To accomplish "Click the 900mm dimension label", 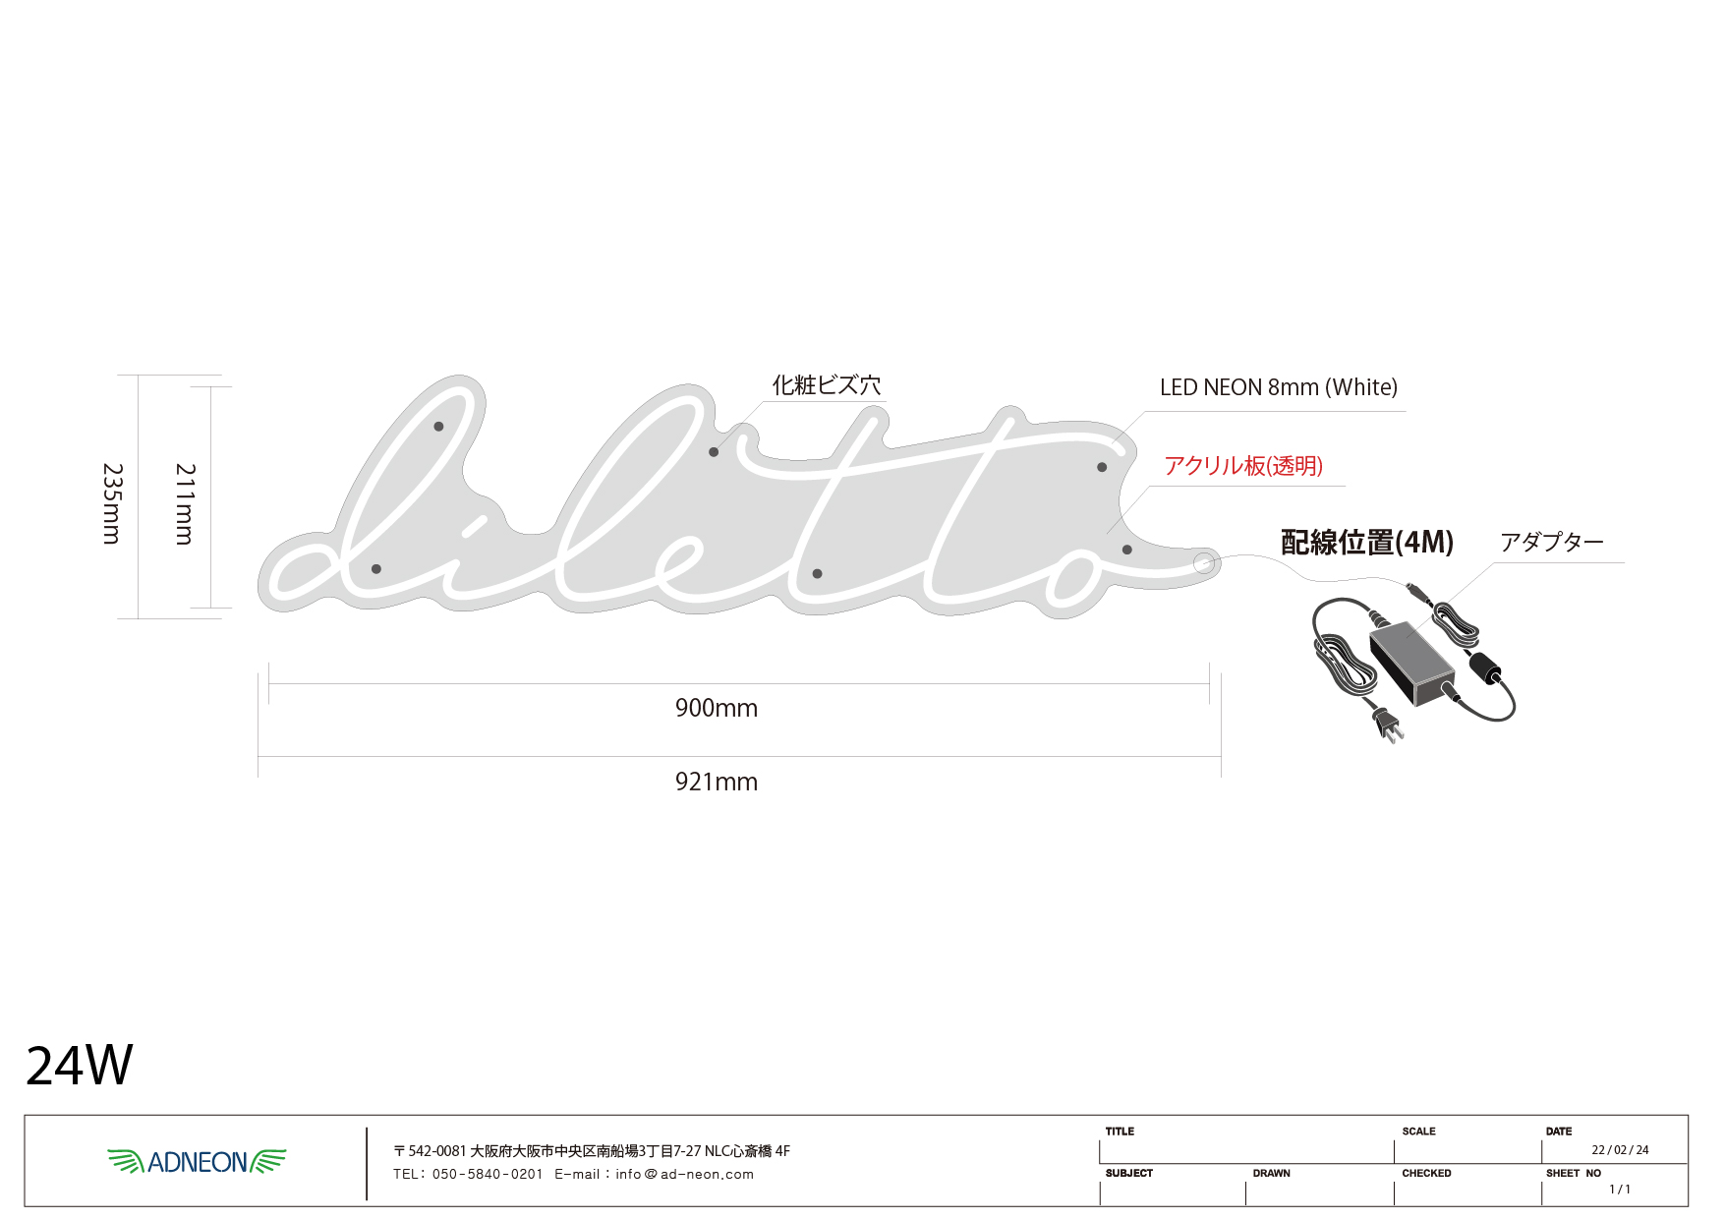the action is pos(716,708).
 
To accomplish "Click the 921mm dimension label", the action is pos(716,782).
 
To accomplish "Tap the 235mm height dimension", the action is pos(112,503).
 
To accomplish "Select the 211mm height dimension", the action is pos(185,503).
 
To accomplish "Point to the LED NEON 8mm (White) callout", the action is pos(1278,387).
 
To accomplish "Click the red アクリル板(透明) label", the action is pos(1243,466).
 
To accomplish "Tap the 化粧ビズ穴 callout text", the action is pos(827,385).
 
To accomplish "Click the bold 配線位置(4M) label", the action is pos(1366,542).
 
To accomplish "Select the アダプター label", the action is pos(1551,542).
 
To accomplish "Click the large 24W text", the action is pos(79,1066).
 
